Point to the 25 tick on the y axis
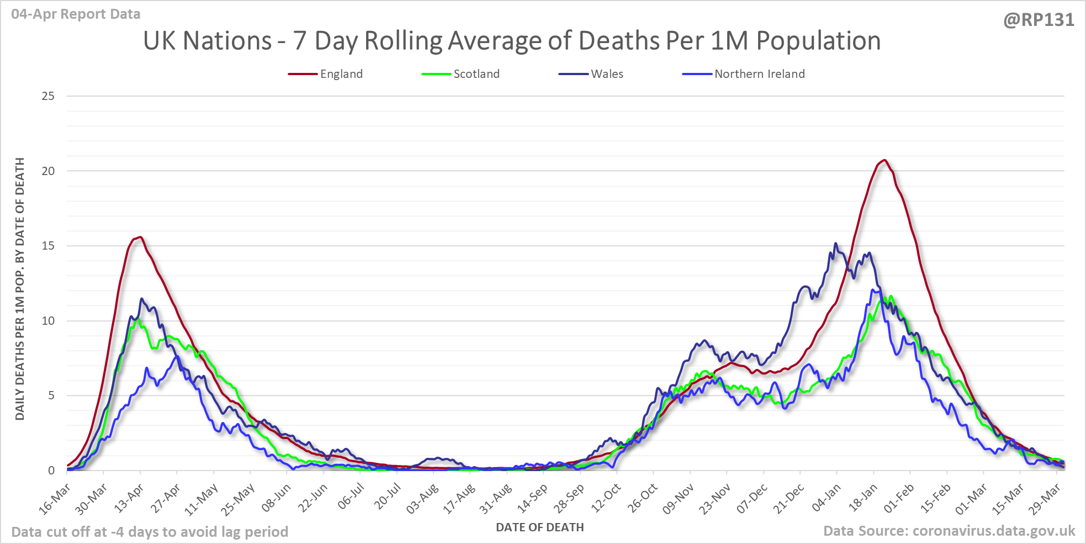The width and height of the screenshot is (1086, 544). click(49, 96)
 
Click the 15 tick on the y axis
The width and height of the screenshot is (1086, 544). click(49, 246)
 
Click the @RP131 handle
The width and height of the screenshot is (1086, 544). click(1039, 20)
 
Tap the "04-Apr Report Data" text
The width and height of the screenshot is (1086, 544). click(76, 14)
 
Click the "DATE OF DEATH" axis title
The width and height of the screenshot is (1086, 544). click(539, 527)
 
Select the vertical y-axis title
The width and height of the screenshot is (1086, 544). click(20, 288)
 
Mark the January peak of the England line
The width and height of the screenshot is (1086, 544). click(884, 160)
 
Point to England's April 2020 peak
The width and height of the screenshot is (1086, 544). click(141, 237)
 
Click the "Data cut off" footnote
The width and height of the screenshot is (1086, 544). click(150, 532)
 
